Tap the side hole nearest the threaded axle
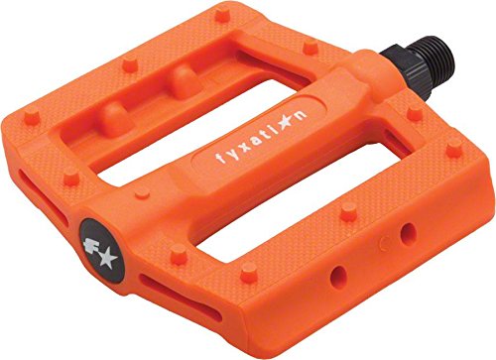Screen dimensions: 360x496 406,235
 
